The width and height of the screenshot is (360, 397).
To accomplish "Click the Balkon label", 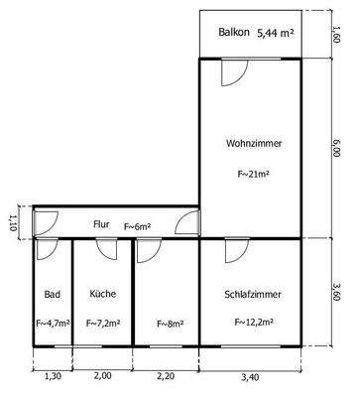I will pos(235,34).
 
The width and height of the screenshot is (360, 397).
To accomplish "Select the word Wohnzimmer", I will pos(254,144).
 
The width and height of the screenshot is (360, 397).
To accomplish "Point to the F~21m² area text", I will pos(253,175).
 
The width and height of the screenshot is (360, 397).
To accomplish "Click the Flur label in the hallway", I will pos(101,225).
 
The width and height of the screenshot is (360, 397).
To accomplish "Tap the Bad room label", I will pos(52,294).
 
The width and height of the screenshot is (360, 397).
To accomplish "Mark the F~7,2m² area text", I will pos(102,323).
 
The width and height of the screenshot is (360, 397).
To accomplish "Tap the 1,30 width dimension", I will pos(54,376).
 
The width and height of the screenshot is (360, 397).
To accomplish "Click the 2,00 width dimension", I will pos(103,376).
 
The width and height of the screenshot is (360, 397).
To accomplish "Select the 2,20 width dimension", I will pos(166,376).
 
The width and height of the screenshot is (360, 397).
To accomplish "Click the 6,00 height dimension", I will pos(337,148).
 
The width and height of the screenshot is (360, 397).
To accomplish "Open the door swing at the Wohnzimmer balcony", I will pos(235,71).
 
